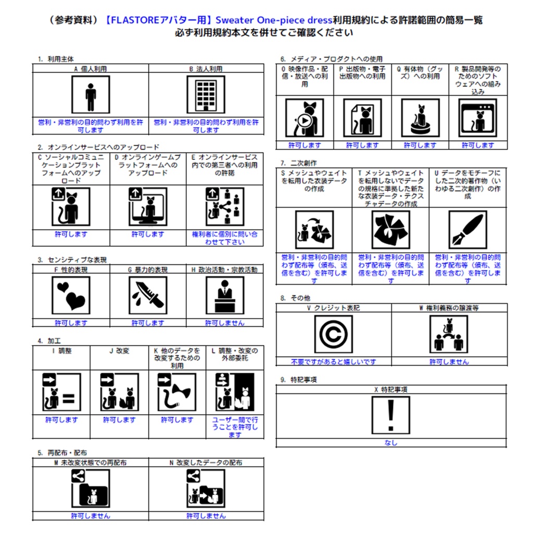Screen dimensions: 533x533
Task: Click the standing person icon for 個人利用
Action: (91, 95)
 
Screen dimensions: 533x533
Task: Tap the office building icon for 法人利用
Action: (206, 95)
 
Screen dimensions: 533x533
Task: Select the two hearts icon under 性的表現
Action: (71, 295)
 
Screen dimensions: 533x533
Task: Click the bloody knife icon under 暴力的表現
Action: (148, 295)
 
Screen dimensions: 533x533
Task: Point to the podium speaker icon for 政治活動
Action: (225, 295)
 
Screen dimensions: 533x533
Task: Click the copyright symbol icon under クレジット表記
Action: (333, 334)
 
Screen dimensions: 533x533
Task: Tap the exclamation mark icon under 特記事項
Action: (390, 415)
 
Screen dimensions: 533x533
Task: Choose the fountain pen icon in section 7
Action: (468, 230)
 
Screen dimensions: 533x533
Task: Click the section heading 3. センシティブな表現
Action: (72, 260)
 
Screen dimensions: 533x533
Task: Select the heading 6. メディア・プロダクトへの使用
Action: (332, 59)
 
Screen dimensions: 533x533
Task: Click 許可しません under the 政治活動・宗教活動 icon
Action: (225, 323)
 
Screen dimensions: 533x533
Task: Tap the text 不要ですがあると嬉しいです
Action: (334, 362)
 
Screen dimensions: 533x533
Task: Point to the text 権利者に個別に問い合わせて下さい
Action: (225, 238)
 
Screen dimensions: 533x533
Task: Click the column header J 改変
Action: (119, 351)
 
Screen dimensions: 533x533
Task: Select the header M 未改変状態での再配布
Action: (91, 463)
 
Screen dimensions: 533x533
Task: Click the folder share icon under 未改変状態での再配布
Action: (91, 488)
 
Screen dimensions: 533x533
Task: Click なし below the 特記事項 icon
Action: (391, 442)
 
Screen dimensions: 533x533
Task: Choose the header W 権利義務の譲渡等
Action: (449, 308)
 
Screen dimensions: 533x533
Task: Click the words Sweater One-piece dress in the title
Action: (274, 20)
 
